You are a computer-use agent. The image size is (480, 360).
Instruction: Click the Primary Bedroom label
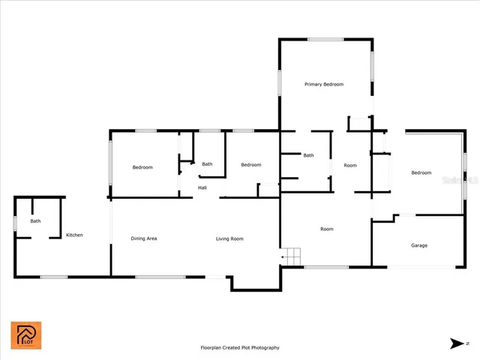[x=324, y=85]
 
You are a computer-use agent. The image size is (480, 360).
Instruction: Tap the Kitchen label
[x=74, y=235]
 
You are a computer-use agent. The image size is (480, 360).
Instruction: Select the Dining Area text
[x=144, y=238]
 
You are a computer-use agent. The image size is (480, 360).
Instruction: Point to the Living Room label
[x=229, y=238]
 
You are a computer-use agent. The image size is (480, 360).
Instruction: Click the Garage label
[x=418, y=245]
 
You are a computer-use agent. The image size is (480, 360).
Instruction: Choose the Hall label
[x=202, y=187]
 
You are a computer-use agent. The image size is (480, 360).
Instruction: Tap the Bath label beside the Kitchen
[x=35, y=221]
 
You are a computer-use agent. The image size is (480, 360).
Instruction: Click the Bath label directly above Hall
[x=207, y=164]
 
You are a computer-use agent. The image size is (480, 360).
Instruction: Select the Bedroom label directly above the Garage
[x=421, y=173]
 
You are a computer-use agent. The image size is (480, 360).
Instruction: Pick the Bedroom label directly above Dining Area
[x=142, y=167]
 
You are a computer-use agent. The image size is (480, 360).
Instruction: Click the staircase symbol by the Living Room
[x=291, y=255]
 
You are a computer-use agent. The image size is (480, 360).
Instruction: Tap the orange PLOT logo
[x=25, y=335]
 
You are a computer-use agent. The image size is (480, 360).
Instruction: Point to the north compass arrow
[x=456, y=343]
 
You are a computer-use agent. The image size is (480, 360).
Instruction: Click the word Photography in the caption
[x=264, y=348]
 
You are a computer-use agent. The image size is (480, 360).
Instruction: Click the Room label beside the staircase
[x=326, y=229]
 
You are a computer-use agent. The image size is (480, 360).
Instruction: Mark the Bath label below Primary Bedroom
[x=308, y=155]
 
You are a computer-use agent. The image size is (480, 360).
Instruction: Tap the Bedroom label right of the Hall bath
[x=250, y=165]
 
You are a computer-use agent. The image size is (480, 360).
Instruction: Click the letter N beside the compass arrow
[x=467, y=343]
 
